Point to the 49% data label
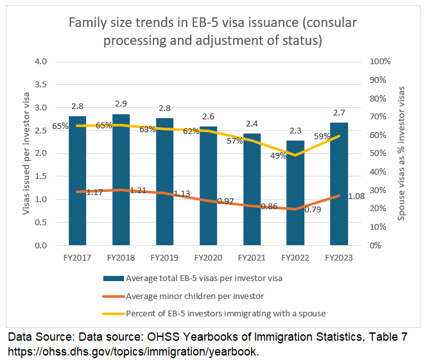tap(277, 155)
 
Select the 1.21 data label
tap(139, 190)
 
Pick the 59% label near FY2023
tap(322, 136)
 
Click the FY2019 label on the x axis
tap(165, 257)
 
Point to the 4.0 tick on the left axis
tap(41, 62)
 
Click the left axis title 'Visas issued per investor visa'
tap(26, 153)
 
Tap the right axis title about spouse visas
tap(402, 153)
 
